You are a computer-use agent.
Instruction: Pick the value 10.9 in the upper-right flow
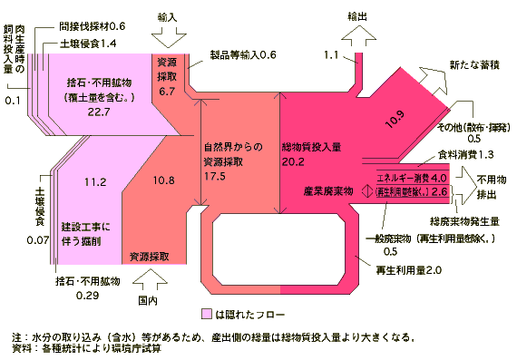coord(394,119)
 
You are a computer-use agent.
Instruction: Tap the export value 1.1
coord(330,56)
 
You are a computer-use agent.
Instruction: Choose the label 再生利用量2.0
coord(408,269)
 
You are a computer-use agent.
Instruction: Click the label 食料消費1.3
coord(466,154)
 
